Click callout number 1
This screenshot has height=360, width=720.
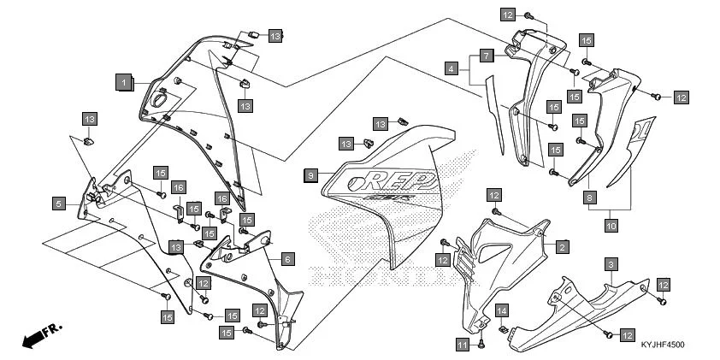tap(124, 82)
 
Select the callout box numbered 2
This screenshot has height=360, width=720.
tap(562, 247)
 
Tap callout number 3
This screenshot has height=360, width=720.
tap(611, 264)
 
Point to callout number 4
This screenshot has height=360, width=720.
tap(451, 67)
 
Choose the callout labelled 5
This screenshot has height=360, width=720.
tap(58, 204)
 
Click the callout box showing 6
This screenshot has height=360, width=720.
tap(287, 258)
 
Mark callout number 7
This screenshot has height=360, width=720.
tap(485, 56)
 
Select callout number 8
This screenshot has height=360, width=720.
tap(589, 198)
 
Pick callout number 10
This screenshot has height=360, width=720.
tap(611, 226)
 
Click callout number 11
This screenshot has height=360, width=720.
tap(462, 345)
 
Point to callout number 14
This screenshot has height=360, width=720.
tap(503, 310)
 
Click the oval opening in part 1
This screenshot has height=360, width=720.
tap(158, 101)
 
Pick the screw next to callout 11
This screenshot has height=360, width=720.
tap(481, 343)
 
